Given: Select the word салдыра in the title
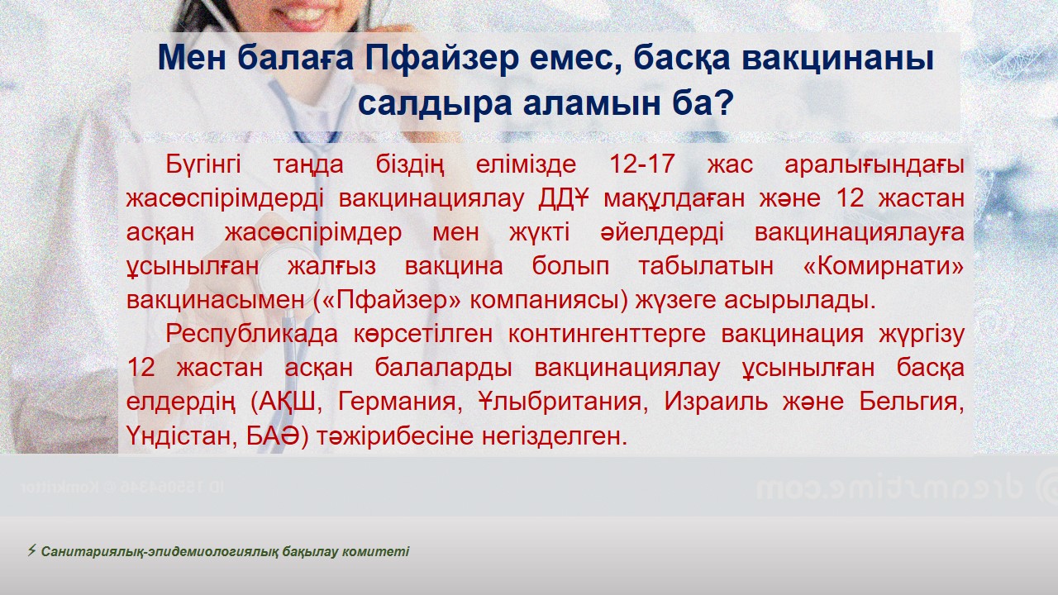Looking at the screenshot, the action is coord(435,103).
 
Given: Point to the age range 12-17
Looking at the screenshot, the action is coord(641,164).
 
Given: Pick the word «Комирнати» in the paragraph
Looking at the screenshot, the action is coord(884,266).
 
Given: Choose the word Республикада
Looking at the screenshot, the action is coord(252,335).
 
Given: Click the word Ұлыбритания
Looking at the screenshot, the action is coord(560,402).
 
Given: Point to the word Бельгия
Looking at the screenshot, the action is coord(911,402).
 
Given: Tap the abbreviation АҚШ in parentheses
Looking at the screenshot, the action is coord(288,402).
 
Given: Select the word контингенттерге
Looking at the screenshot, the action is coord(607,335).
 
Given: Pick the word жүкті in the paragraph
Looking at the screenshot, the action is coord(539,233).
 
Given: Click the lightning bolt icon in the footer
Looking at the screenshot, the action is coord(31,550).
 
